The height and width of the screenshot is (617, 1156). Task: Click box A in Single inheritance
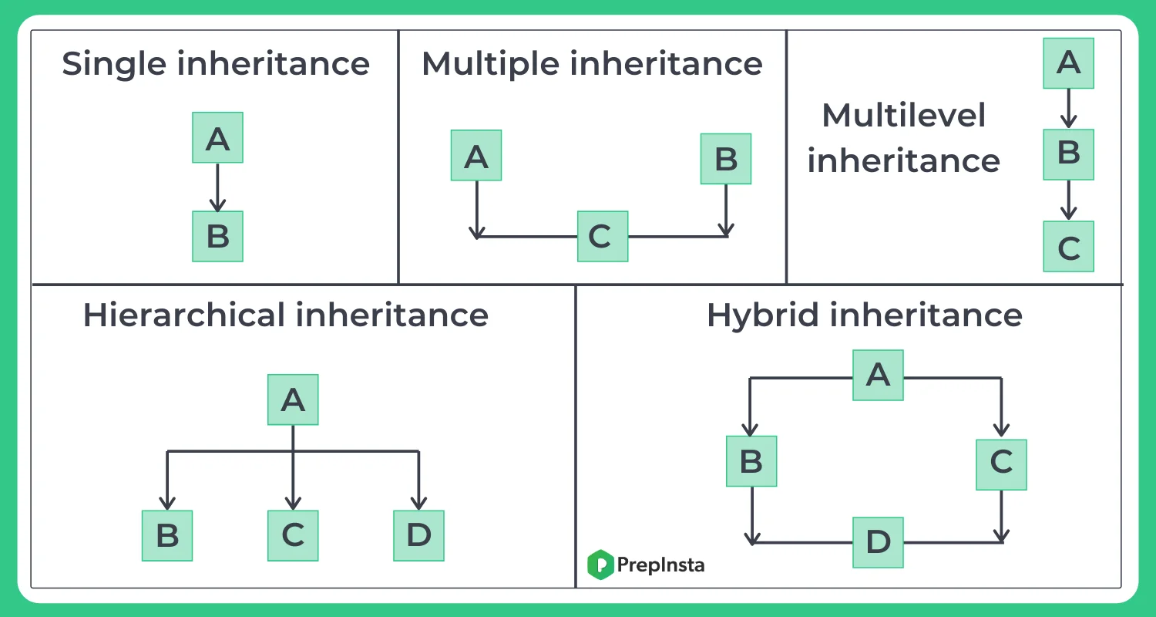pos(217,137)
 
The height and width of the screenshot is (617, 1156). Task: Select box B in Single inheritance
pos(217,236)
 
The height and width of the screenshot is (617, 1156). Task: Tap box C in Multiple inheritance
pos(603,236)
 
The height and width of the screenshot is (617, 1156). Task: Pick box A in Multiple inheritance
pos(476,155)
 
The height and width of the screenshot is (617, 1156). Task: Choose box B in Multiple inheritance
pos(725,159)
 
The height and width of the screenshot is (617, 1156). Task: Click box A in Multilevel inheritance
pos(1068,62)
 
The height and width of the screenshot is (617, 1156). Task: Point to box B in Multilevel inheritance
pos(1068,153)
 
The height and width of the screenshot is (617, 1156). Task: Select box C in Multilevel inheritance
pos(1068,246)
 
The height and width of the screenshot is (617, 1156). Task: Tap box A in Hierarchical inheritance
pos(293,400)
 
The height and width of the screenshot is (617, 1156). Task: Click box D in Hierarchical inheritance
pos(418,535)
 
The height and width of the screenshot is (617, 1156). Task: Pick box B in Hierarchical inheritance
pos(167,535)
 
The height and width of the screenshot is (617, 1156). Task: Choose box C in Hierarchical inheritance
pos(293,535)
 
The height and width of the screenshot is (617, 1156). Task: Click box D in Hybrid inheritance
pos(878,542)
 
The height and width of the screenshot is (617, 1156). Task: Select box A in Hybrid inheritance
pos(878,375)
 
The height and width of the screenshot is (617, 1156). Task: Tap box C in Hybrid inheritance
pos(1001,464)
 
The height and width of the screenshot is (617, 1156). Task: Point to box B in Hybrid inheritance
pos(751,461)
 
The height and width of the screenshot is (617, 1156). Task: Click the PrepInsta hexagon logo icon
pos(600,565)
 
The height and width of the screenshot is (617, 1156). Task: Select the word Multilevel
pos(903,116)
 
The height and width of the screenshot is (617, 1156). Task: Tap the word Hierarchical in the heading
pos(183,316)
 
